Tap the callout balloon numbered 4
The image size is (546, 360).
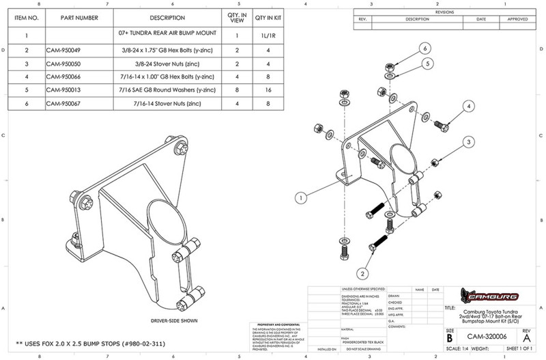[468, 107]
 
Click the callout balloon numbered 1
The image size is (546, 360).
[300, 197]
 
